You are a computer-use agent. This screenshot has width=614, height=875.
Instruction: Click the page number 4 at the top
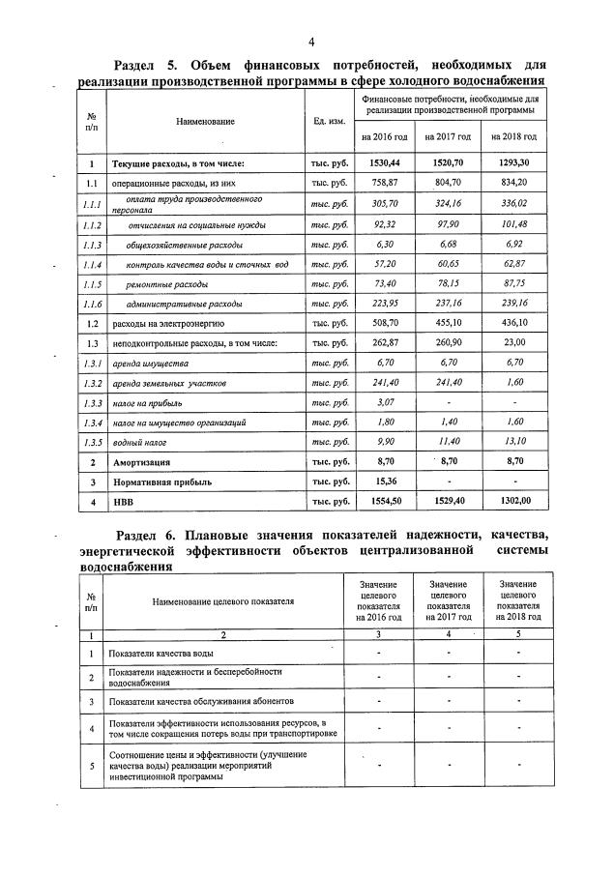pos(311,41)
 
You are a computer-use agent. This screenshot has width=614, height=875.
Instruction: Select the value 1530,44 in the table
pos(387,164)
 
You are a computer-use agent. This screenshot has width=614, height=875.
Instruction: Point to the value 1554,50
pos(387,503)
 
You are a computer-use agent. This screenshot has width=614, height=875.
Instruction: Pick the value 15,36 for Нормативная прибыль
pos(387,482)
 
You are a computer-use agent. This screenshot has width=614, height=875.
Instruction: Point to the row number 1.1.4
pos(92,265)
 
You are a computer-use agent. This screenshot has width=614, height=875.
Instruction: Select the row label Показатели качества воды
pos(168,655)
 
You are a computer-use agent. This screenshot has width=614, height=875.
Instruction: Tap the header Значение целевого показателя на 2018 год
pos(518,600)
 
